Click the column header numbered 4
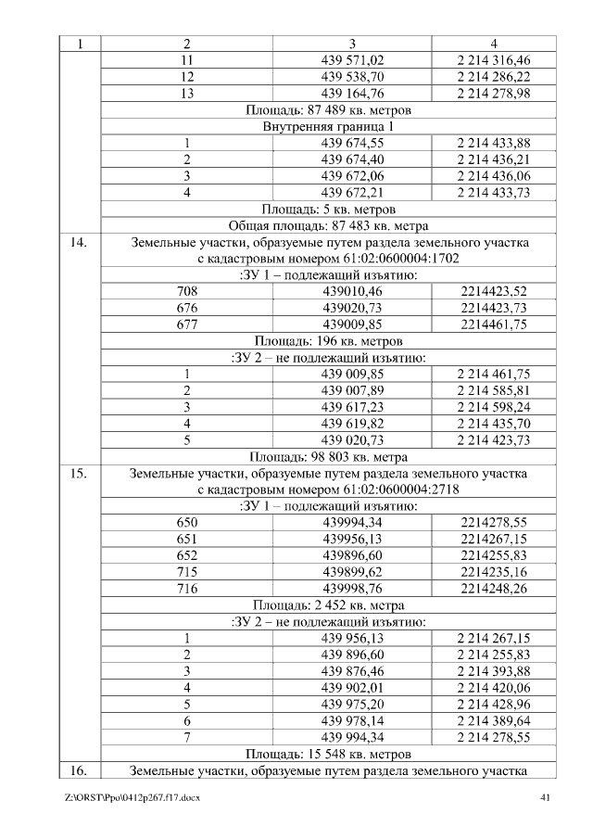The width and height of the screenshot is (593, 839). click(493, 43)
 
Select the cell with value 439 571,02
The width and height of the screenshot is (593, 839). click(352, 59)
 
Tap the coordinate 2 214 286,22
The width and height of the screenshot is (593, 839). click(493, 76)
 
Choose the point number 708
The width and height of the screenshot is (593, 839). click(186, 291)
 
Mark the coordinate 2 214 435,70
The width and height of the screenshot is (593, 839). click(493, 423)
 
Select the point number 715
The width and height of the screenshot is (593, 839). click(186, 572)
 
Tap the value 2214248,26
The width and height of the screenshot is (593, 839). click(493, 589)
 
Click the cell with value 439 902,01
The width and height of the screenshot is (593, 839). click(352, 688)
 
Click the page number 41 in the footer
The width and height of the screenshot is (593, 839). click(544, 797)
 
